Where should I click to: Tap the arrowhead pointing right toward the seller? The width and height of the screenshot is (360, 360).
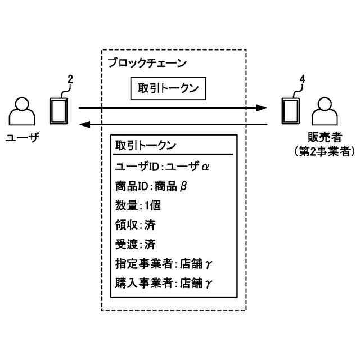[x=261, y=107]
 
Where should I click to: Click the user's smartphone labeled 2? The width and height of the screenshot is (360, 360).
[x=58, y=111]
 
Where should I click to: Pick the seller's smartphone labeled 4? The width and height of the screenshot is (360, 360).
[x=290, y=111]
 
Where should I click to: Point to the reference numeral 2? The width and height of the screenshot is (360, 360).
[x=70, y=80]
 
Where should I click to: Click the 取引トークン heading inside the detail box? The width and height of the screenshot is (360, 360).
[x=145, y=145]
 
